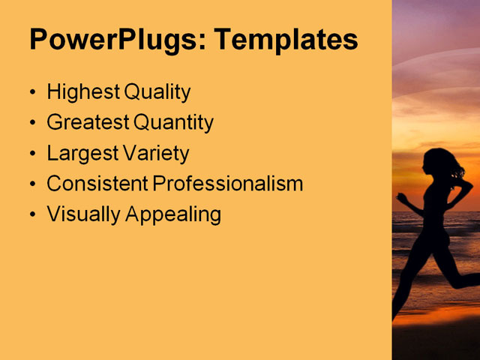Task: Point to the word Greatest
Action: pos(86,123)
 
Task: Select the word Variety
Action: pos(154,154)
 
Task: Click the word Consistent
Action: pos(97,184)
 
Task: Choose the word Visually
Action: pos(83,214)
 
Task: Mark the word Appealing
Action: pos(173,215)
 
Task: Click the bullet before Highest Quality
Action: pos(31,94)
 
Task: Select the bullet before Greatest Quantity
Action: pos(31,124)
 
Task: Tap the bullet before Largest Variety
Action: pos(31,154)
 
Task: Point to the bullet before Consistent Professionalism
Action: pos(31,184)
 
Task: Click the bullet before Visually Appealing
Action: pos(31,215)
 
